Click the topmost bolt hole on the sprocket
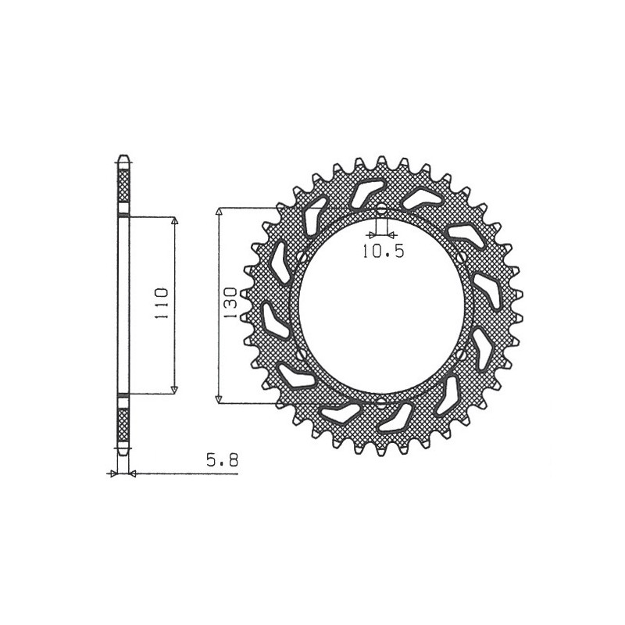(380, 209)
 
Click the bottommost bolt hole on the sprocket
(380, 404)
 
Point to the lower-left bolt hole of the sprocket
(301, 355)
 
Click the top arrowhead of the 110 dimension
(174, 221)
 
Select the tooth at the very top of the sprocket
(381, 161)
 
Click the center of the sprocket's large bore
(380, 306)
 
